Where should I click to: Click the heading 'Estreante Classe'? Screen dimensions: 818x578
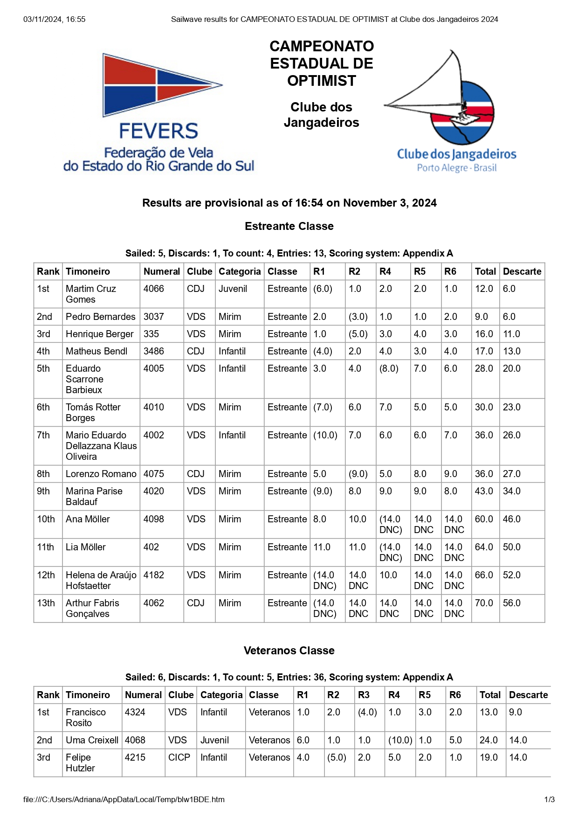click(x=289, y=226)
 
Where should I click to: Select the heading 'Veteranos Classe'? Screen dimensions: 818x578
click(x=289, y=651)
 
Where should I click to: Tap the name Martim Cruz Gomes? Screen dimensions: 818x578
click(x=91, y=294)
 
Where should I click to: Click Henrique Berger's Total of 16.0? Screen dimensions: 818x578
click(x=484, y=334)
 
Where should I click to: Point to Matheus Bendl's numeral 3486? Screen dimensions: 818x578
click(x=153, y=351)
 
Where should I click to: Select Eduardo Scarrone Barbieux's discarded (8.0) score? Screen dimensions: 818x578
click(x=389, y=368)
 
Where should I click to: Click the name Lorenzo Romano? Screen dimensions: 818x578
click(x=101, y=474)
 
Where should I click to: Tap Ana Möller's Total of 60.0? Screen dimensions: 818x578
click(x=484, y=519)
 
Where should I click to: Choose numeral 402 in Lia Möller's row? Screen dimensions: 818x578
click(x=151, y=547)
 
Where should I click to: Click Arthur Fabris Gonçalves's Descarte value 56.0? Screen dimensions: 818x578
click(x=511, y=603)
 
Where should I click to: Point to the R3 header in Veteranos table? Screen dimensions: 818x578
click(x=364, y=695)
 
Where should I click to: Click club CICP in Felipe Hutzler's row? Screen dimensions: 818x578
click(x=179, y=757)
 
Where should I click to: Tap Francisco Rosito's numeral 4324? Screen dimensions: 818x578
click(x=135, y=712)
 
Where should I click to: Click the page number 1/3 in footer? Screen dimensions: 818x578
click(x=550, y=799)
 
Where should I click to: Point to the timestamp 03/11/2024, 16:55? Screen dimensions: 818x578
click(x=55, y=19)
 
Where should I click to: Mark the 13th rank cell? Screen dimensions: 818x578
click(x=46, y=603)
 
